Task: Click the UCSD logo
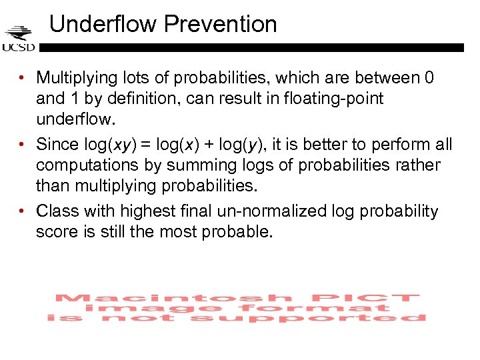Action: (x=19, y=39)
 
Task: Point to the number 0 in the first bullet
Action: (x=429, y=78)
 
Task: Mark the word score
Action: (x=57, y=232)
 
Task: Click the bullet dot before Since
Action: (x=23, y=145)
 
